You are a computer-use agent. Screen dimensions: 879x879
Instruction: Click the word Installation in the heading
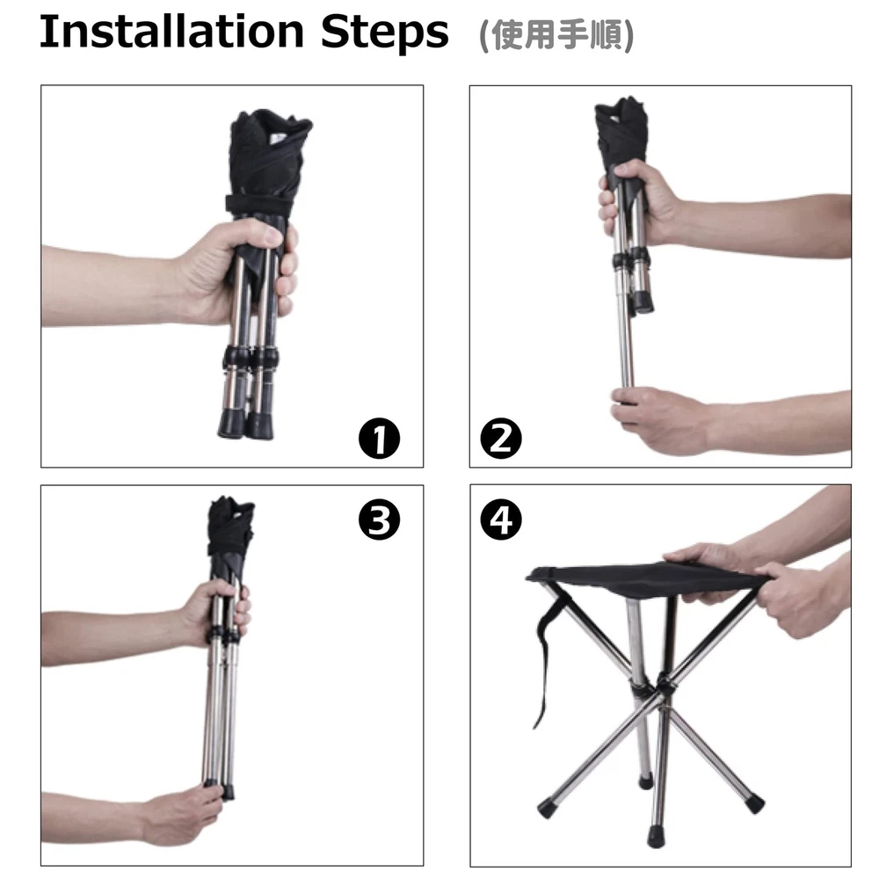click(171, 32)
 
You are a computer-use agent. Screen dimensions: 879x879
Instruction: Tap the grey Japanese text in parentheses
click(556, 35)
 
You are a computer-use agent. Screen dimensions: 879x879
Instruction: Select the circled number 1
click(380, 439)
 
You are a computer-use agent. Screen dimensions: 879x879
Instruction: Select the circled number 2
click(501, 439)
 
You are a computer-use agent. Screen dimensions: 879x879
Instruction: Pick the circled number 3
click(380, 519)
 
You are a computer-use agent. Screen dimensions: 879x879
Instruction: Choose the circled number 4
click(501, 519)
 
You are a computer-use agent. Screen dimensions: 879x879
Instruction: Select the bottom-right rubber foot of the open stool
click(755, 804)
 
